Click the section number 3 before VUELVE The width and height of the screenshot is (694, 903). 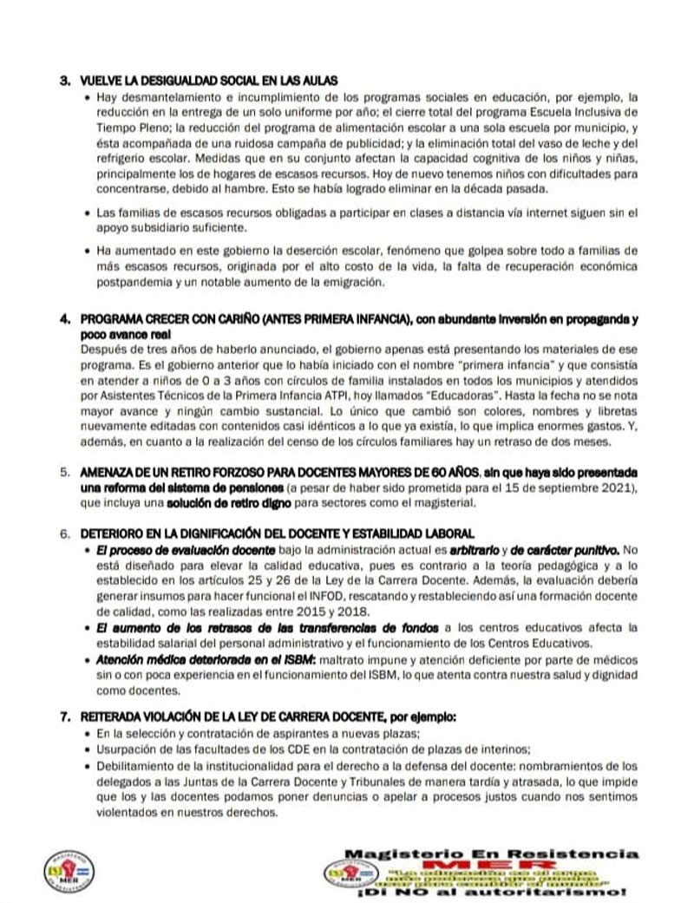click(x=63, y=81)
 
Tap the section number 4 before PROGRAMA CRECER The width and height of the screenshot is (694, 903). click(x=63, y=318)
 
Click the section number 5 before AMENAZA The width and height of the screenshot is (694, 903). click(x=63, y=472)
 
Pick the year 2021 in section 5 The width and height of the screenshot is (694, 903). click(x=617, y=487)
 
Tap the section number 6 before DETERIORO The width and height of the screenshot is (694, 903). click(x=63, y=531)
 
